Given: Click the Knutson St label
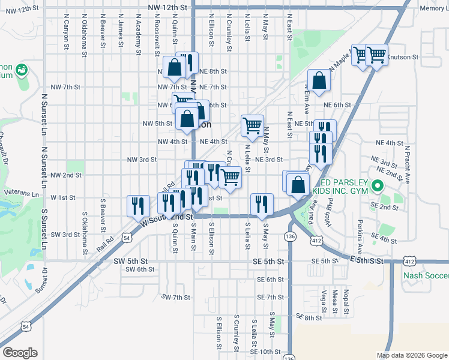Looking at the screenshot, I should (x=402, y=58).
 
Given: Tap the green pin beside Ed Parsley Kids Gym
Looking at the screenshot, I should (x=378, y=186).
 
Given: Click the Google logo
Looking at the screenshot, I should (x=19, y=352).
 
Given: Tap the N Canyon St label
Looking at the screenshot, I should (x=64, y=34).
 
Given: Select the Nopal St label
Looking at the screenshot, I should (x=347, y=303).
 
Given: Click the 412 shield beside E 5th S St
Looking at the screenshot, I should (x=409, y=262).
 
